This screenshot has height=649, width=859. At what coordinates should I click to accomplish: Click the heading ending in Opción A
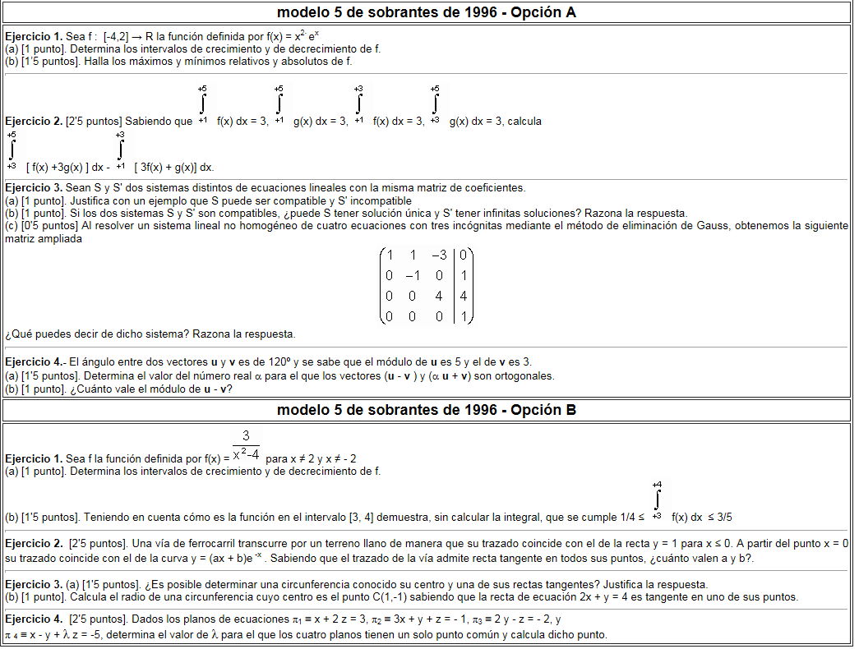427,12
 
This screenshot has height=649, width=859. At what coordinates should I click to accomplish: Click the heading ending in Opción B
427,410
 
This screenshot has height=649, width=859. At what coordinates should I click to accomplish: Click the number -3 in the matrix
438,255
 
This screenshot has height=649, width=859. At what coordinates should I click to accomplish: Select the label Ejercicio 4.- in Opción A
35,362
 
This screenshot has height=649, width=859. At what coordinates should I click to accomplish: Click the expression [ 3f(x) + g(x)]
173,167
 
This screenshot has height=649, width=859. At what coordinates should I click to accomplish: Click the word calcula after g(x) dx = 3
524,122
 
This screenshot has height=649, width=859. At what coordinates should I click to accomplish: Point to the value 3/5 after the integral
723,518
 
